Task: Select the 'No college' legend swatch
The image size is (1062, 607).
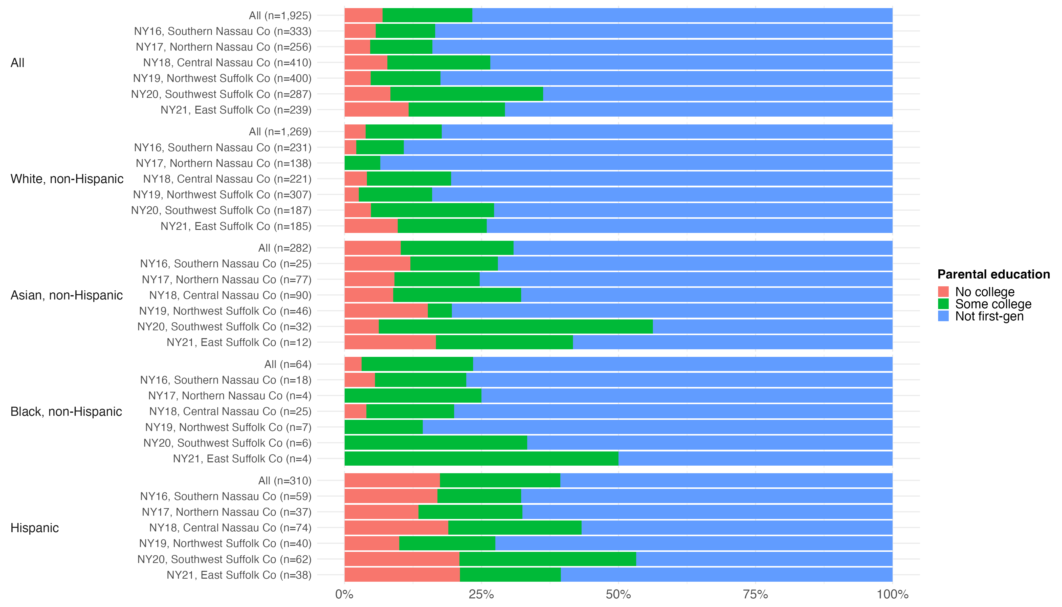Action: click(x=943, y=292)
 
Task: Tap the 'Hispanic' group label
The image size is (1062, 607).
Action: click(x=35, y=528)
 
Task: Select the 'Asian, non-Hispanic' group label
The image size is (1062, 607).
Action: click(x=67, y=295)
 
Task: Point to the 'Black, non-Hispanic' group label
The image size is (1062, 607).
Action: click(x=66, y=411)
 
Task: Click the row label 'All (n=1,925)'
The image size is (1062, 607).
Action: click(x=280, y=15)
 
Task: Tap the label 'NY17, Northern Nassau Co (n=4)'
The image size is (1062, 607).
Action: click(x=230, y=396)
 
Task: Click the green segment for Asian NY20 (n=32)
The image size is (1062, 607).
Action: click(x=516, y=327)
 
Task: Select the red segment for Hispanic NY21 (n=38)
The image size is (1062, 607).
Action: click(x=402, y=575)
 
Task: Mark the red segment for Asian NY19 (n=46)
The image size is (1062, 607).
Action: click(x=386, y=311)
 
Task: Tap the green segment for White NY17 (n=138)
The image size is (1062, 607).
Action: click(x=362, y=163)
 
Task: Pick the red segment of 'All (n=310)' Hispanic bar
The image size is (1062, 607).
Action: click(x=392, y=481)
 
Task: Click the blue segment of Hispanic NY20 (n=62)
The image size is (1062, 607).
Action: click(x=764, y=559)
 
